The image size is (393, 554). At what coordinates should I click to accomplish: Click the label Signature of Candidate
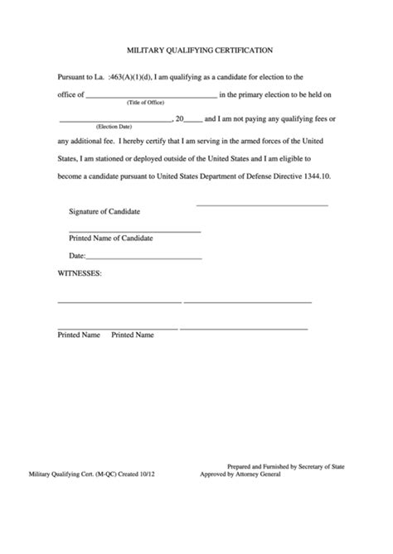104,211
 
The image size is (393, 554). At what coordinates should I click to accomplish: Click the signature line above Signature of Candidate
261,205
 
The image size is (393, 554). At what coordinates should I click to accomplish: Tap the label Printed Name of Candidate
110,238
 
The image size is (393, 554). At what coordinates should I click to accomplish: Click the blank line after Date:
145,259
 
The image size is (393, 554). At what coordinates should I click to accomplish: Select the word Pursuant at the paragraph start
73,76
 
